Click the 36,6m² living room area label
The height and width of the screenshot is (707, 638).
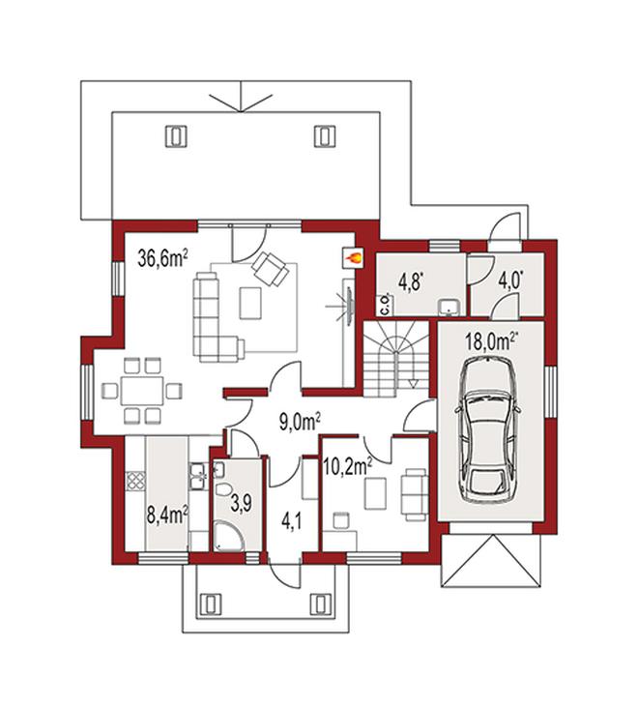coord(162,259)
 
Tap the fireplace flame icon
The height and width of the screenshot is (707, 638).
coord(353,258)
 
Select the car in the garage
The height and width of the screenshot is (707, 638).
coord(488,429)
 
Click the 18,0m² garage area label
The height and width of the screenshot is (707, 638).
coord(492,341)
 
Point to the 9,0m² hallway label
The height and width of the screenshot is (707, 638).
coord(300,424)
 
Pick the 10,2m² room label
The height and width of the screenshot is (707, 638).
coord(347,467)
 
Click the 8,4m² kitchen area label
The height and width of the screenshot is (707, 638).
coord(167,515)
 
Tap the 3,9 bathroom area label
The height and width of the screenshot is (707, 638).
coord(241,505)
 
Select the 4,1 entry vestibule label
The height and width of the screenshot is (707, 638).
coord(291,523)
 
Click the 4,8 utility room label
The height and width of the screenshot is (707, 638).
coord(410,283)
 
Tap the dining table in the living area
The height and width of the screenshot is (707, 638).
coord(142,391)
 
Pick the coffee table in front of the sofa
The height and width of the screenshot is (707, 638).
coord(250,303)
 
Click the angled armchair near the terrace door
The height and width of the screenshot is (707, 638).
coord(270,268)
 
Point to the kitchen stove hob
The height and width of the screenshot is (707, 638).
coord(135,481)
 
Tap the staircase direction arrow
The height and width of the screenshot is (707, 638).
coord(413,369)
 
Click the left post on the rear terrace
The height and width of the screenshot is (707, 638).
coord(175,135)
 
